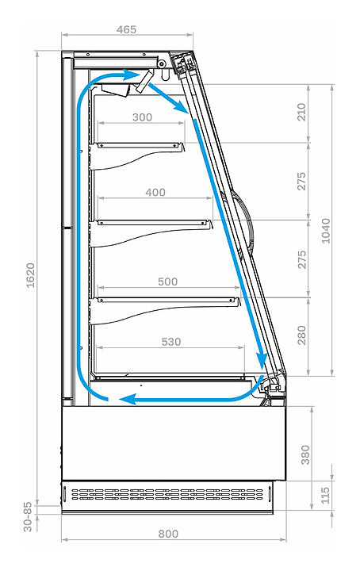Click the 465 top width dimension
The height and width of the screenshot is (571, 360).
[126, 29]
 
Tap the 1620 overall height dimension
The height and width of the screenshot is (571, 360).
[30, 275]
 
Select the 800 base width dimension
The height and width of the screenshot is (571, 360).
[168, 534]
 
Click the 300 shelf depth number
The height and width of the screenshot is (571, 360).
[142, 117]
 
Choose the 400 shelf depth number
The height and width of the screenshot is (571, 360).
[155, 192]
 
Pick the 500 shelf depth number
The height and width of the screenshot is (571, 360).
[168, 282]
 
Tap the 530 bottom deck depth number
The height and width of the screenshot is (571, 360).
[171, 342]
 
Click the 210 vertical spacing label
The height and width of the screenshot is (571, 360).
[302, 112]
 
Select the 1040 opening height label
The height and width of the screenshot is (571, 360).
[326, 231]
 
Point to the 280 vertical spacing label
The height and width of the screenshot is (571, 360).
[302, 335]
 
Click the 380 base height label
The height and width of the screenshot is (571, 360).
[305, 455]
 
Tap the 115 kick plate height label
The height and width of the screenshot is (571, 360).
[325, 495]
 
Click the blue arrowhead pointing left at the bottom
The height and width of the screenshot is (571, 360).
[128, 400]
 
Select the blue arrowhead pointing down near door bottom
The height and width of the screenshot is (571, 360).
[262, 361]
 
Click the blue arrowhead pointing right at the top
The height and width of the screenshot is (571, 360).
[132, 75]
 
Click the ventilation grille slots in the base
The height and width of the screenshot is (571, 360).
[167, 495]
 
